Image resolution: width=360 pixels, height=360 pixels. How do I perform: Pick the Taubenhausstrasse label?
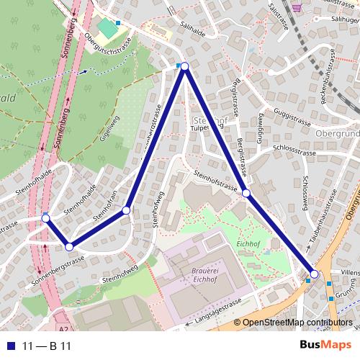pos(324,197)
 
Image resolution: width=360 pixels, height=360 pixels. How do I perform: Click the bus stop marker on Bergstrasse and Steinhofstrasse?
pos(246,193)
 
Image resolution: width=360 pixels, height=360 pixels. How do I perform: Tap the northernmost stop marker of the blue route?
pos(184,66)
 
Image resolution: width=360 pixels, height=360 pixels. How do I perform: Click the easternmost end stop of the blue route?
pos(314,274)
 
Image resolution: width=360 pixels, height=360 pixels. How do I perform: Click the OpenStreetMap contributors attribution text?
pos(299,323)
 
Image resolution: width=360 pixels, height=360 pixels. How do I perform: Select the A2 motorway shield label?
pos(64,330)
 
